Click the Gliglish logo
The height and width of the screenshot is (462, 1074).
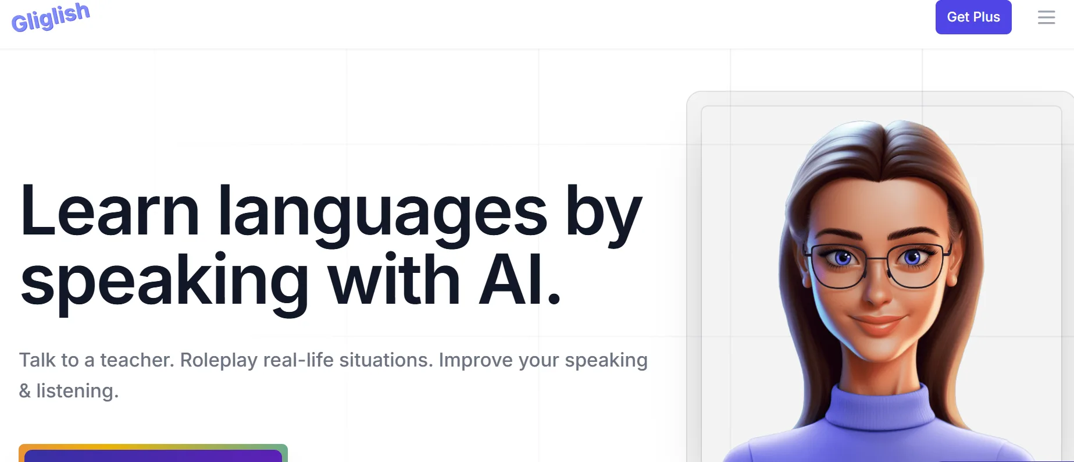(51, 17)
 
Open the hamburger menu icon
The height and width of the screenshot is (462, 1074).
(1046, 17)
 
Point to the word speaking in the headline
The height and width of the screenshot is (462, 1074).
(165, 283)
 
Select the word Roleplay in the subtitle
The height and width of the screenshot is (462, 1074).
(219, 361)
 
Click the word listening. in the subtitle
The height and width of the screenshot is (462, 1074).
(77, 391)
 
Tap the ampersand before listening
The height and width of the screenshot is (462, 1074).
(25, 391)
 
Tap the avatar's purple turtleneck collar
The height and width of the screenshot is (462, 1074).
(878, 407)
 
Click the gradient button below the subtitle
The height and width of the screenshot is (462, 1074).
(153, 454)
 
